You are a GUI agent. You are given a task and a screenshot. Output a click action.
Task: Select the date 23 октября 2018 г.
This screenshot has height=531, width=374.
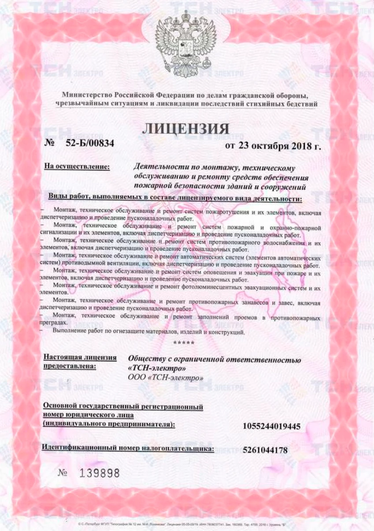pyautogui.click(x=273, y=146)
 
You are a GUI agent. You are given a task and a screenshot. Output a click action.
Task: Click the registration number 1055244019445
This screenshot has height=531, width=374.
pyautogui.click(x=272, y=426)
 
